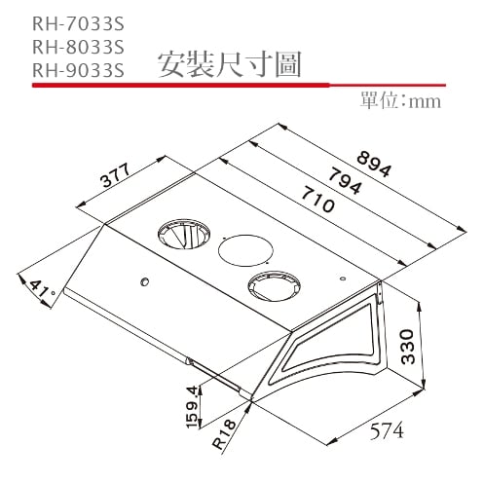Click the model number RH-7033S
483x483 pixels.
[x=78, y=20]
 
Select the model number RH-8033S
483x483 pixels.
[x=78, y=45]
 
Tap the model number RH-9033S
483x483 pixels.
[x=78, y=69]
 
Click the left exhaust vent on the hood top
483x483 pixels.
[x=178, y=235]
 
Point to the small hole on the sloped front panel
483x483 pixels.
[x=143, y=282]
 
